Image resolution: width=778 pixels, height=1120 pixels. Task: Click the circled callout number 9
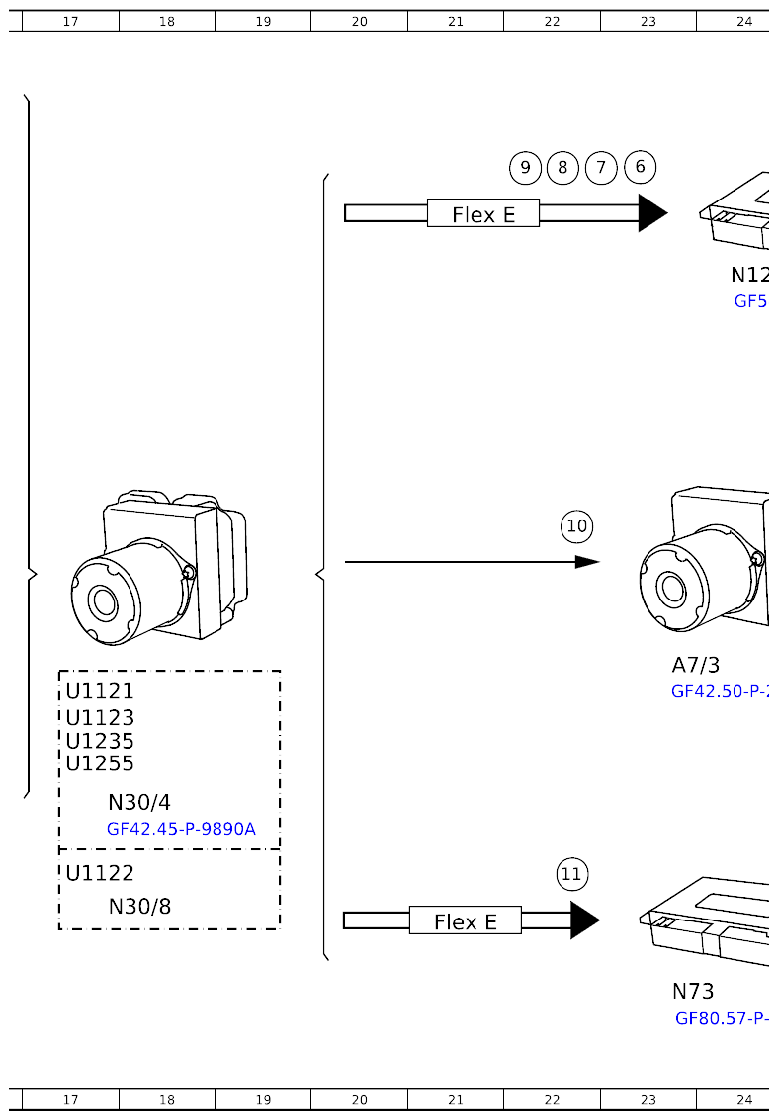tap(525, 167)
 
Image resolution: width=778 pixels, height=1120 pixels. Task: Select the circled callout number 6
tap(640, 167)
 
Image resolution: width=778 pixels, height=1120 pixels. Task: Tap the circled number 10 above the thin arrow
tap(577, 526)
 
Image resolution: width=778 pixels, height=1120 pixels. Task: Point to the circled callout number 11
tap(571, 874)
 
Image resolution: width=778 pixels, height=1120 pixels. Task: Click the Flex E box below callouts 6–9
tap(483, 213)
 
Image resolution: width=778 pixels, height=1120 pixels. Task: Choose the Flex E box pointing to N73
tap(465, 920)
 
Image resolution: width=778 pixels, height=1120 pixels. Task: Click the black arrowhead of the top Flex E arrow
tap(651, 213)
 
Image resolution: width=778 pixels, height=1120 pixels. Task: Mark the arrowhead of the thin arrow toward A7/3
tap(587, 562)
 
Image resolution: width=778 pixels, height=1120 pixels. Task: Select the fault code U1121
tap(100, 691)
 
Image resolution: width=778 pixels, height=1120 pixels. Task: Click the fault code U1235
tap(100, 741)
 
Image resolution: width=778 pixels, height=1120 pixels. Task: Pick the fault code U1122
tap(100, 873)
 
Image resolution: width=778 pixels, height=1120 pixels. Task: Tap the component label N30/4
tap(139, 803)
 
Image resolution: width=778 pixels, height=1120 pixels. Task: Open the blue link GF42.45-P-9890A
tap(181, 829)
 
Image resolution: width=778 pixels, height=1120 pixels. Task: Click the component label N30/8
tap(139, 906)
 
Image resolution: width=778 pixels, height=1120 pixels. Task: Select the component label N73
tap(693, 991)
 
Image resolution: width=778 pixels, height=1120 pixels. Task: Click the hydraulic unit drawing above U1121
tap(158, 567)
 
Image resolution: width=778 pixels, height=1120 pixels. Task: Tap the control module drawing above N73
tap(707, 923)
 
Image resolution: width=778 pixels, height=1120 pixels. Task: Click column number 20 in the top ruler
tap(359, 21)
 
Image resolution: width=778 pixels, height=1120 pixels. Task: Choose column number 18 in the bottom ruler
tap(166, 1099)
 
